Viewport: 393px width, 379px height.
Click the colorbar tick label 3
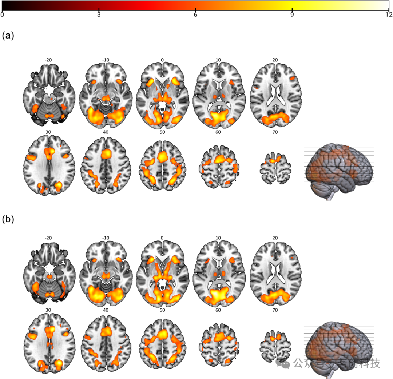[99, 15]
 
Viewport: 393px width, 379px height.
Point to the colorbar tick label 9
[292, 15]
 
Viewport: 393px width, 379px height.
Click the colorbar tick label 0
[3, 15]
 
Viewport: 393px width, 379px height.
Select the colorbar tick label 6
[195, 15]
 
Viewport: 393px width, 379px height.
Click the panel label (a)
[8, 36]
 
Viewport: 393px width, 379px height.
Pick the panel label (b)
[8, 220]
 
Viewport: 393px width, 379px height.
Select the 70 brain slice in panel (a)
[275, 165]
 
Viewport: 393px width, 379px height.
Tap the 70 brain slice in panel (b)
[275, 346]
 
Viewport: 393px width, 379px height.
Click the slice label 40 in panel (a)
[106, 132]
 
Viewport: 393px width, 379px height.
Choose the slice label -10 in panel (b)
[106, 238]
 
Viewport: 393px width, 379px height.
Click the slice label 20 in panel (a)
[275, 60]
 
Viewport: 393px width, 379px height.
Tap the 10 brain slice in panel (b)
[218, 273]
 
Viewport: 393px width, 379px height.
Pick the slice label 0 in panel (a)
[162, 60]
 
